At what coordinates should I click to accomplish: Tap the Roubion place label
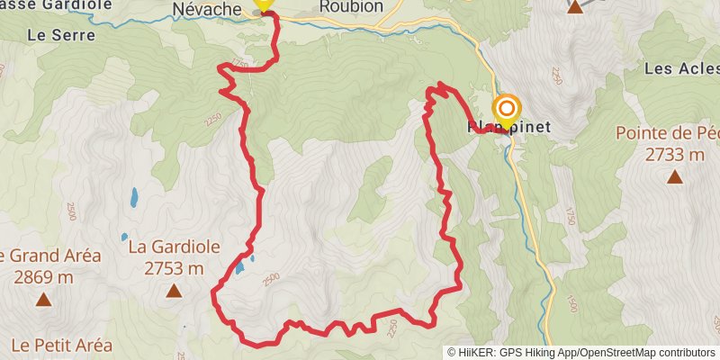[351, 6]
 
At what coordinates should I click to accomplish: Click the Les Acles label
[680, 68]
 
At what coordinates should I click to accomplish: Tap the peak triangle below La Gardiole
[174, 290]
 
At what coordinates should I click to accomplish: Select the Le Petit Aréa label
[62, 345]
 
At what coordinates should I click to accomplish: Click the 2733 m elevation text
[674, 154]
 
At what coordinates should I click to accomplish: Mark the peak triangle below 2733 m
[674, 176]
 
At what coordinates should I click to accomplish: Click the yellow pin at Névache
[263, 3]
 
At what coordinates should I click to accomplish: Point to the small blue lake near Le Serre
[134, 195]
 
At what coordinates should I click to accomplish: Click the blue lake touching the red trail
[239, 267]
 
